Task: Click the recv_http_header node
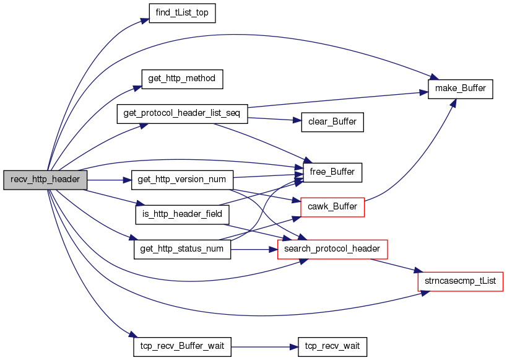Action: click(45, 180)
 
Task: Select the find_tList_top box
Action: click(182, 13)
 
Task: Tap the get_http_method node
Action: click(182, 79)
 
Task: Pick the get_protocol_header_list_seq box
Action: click(182, 113)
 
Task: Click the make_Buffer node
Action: click(461, 89)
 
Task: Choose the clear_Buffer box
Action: click(332, 122)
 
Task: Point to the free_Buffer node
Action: click(332, 172)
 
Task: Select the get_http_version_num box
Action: click(182, 180)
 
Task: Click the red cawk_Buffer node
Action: click(332, 207)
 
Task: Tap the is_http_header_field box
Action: click(182, 214)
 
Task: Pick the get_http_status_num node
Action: click(182, 249)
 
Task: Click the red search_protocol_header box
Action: click(332, 249)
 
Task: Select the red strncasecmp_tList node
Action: click(461, 281)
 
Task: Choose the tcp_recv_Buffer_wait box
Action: click(182, 347)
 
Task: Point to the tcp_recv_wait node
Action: click(332, 347)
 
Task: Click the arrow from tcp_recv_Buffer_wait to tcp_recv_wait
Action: click(264, 347)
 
